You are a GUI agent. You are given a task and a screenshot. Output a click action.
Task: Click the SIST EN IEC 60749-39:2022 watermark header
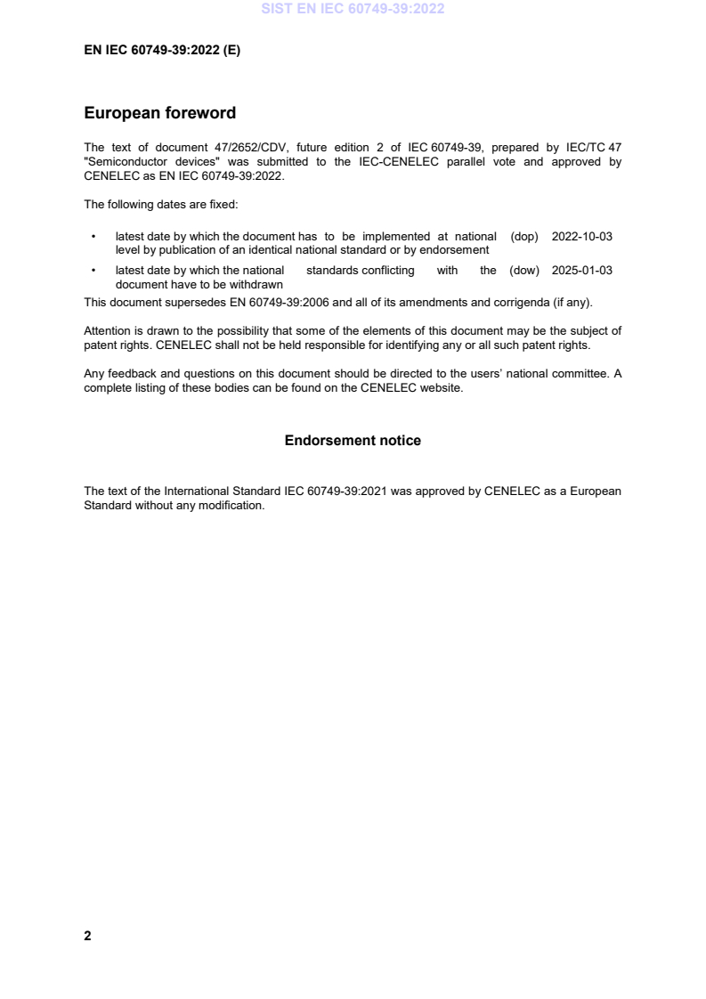(x=353, y=10)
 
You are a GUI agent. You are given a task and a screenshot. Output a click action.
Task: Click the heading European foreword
(x=159, y=113)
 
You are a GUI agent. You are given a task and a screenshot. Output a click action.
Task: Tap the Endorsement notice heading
(x=353, y=441)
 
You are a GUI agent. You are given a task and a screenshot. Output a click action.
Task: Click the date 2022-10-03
(x=582, y=237)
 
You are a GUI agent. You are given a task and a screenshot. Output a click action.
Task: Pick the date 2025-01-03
(x=582, y=271)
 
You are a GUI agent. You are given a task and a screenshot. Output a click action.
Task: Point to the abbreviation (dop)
(x=525, y=237)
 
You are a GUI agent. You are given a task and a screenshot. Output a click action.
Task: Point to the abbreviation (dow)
(x=524, y=271)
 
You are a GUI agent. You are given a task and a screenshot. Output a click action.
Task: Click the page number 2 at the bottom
(x=87, y=936)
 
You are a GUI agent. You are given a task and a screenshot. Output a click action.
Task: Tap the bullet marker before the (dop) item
(x=93, y=238)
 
